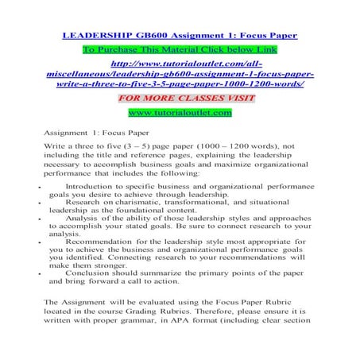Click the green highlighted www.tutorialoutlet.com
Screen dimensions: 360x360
180,113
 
